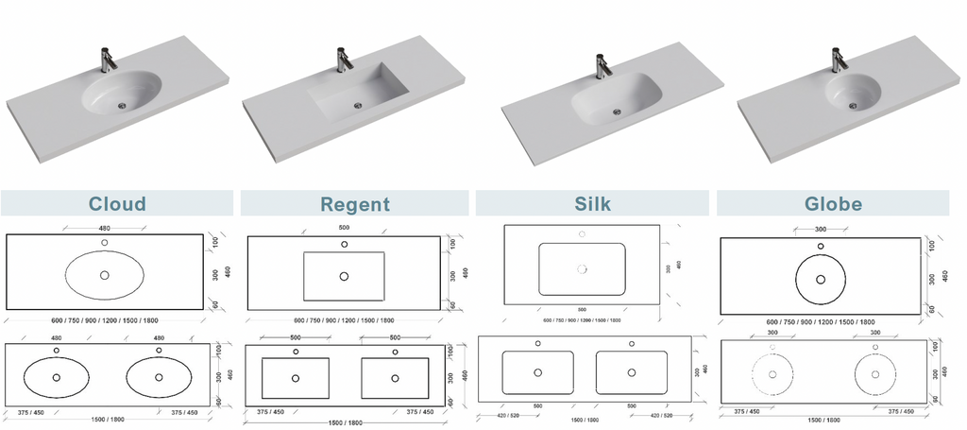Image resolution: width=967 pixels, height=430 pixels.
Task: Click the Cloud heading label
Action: pos(117,204)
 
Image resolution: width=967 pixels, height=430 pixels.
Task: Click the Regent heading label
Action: pos(354,204)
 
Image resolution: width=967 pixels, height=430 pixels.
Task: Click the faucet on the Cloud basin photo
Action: pos(108,59)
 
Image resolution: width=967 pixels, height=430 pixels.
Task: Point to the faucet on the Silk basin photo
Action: pos(601,66)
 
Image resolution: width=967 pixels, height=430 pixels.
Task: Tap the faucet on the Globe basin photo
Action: pos(837,60)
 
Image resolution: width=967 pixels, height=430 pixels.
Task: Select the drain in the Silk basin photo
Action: pos(618,112)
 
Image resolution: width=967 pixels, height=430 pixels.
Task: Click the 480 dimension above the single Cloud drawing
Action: pos(104,227)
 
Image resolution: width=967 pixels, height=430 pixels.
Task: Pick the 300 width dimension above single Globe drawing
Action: pos(820,230)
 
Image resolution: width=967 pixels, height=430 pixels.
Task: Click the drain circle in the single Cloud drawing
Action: pos(104,275)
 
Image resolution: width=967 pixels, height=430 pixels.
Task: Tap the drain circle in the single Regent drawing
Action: pos(344,276)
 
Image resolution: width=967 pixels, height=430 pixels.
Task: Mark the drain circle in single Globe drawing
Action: pos(820,279)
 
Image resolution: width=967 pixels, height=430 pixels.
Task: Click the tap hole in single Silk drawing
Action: pos(582,233)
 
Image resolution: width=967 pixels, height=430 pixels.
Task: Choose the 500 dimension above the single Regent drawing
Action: pos(344,228)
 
